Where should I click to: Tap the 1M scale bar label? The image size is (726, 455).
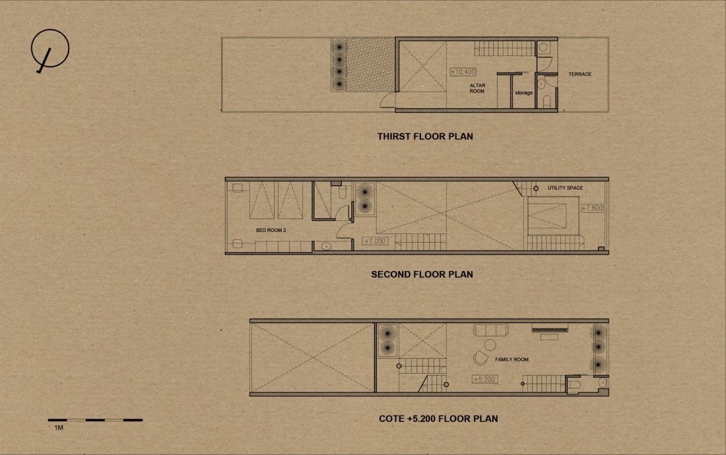pyautogui.click(x=59, y=428)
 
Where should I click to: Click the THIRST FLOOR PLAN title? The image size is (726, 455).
pyautogui.click(x=425, y=136)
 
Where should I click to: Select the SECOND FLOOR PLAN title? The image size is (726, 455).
pyautogui.click(x=422, y=274)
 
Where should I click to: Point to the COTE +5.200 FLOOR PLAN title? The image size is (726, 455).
pyautogui.click(x=438, y=419)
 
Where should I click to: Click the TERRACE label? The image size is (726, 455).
pyautogui.click(x=579, y=74)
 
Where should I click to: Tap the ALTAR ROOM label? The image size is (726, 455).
pyautogui.click(x=477, y=88)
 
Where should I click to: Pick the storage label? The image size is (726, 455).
pyautogui.click(x=523, y=93)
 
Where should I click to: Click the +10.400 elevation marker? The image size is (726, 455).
pyautogui.click(x=463, y=72)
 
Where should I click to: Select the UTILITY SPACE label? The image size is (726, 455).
pyautogui.click(x=566, y=188)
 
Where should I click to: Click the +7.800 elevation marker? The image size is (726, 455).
pyautogui.click(x=592, y=208)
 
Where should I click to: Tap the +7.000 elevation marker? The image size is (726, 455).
pyautogui.click(x=375, y=241)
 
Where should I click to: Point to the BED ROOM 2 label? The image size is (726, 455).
pyautogui.click(x=271, y=230)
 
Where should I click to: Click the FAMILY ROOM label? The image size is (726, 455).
pyautogui.click(x=511, y=359)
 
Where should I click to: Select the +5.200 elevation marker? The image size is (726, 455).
pyautogui.click(x=485, y=379)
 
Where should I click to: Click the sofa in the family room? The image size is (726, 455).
pyautogui.click(x=491, y=330)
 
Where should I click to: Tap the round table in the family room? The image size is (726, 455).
pyautogui.click(x=490, y=344)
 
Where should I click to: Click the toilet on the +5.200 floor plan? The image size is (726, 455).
pyautogui.click(x=574, y=384)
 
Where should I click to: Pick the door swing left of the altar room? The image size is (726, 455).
pyautogui.click(x=387, y=100)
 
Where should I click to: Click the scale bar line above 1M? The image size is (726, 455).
pyautogui.click(x=95, y=420)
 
